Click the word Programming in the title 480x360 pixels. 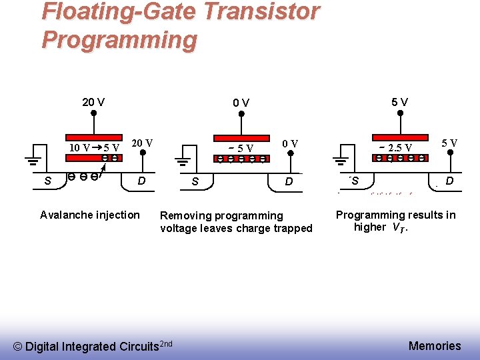click(119, 40)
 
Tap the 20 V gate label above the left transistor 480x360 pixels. click(93, 102)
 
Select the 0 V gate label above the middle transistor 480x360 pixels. click(241, 103)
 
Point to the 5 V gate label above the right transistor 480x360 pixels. click(400, 102)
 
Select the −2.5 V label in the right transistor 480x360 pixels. click(397, 147)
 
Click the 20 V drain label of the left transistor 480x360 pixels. click(142, 143)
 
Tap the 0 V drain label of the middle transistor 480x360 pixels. click(290, 143)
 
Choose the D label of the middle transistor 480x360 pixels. click(289, 181)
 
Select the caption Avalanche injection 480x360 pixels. click(90, 215)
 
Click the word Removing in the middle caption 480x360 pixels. click(184, 215)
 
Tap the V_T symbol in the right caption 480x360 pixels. click(398, 228)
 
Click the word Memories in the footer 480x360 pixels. click(435, 345)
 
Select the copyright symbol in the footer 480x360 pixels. click(18, 346)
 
